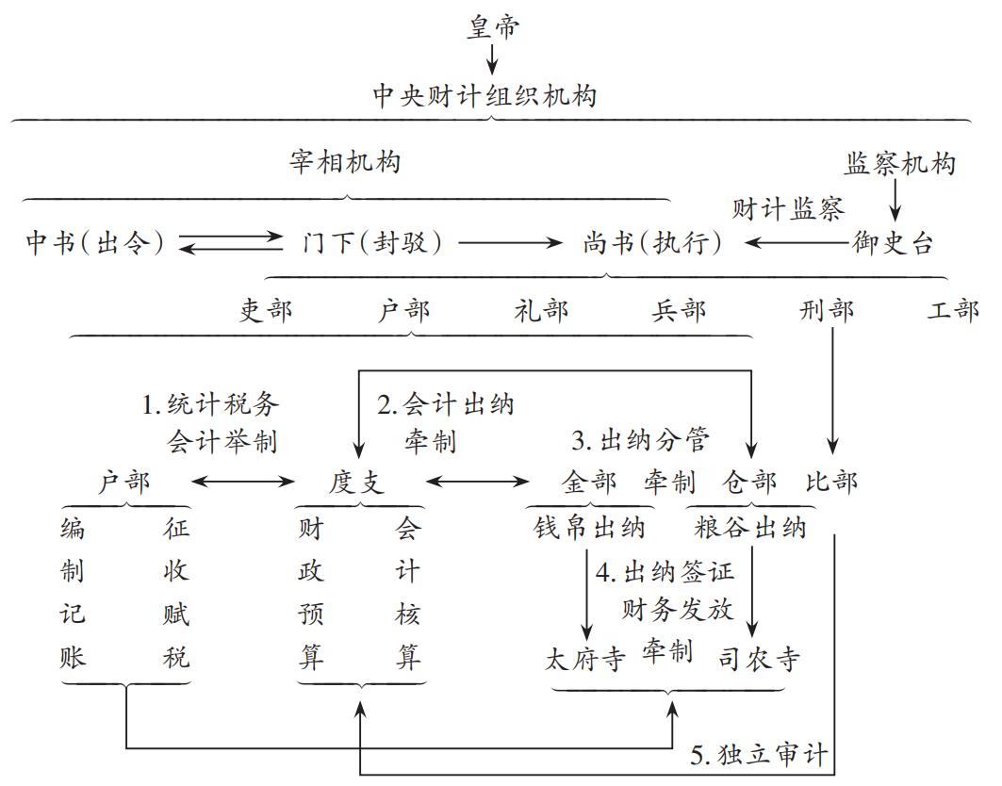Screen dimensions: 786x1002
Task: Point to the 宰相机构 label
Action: pyautogui.click(x=345, y=162)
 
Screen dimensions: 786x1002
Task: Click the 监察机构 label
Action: pyautogui.click(x=899, y=164)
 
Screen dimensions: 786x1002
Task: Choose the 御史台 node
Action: pyautogui.click(x=893, y=243)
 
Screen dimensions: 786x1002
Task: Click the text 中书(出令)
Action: pyautogui.click(x=95, y=243)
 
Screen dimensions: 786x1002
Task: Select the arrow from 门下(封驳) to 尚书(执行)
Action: pyautogui.click(x=510, y=243)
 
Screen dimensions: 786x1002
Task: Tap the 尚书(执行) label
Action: pyautogui.click(x=652, y=243)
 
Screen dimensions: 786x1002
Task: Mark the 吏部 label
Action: pyautogui.click(x=266, y=310)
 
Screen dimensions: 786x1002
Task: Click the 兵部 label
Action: pyautogui.click(x=679, y=310)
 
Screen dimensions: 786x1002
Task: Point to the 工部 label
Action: pyautogui.click(x=953, y=310)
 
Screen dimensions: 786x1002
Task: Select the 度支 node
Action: pyautogui.click(x=357, y=483)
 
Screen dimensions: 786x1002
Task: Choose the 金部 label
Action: pyautogui.click(x=589, y=483)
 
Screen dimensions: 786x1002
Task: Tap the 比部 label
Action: pyautogui.click(x=831, y=483)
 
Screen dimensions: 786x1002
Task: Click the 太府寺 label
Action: pyautogui.click(x=585, y=659)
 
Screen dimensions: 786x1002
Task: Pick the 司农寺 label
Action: pyautogui.click(x=759, y=659)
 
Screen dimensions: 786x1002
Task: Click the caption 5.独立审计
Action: pyautogui.click(x=759, y=754)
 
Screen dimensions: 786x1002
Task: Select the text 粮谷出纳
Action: pyautogui.click(x=750, y=528)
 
